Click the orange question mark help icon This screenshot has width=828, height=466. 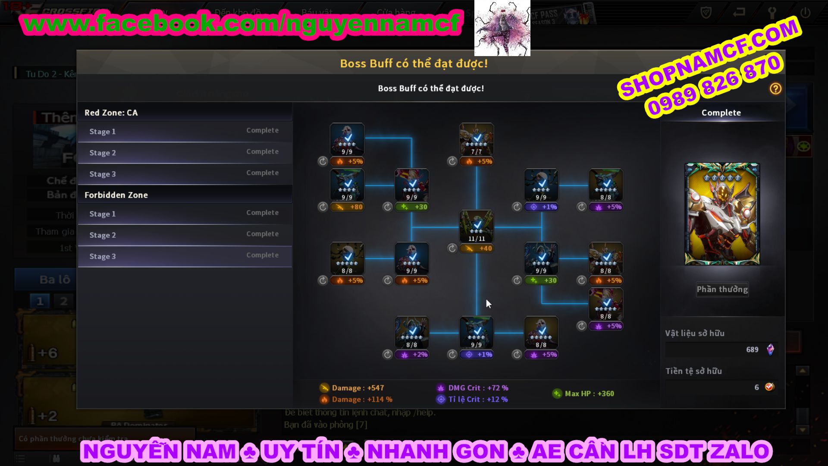(775, 89)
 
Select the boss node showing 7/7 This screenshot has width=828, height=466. (477, 139)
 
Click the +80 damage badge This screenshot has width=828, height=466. (347, 207)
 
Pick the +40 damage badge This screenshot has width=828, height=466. (477, 249)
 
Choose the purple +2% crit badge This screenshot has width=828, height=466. (411, 355)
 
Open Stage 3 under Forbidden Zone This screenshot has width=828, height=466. (185, 256)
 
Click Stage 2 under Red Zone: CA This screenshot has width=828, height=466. (185, 153)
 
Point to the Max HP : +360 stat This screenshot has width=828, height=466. (583, 394)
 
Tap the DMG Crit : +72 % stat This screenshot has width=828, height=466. (473, 388)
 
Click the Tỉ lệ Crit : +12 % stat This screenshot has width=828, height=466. (473, 400)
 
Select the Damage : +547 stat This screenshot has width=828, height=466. (352, 388)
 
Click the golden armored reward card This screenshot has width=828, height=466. (722, 214)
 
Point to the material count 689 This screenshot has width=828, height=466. (752, 350)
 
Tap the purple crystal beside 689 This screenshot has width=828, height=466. (770, 349)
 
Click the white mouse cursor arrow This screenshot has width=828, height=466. (488, 304)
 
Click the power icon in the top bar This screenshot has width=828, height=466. (805, 13)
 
